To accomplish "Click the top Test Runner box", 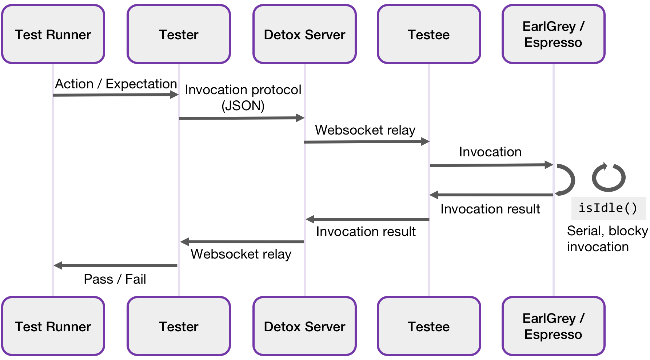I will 53,34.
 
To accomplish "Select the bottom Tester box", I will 179,326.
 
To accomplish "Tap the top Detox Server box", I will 304,34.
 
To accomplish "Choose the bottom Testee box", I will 429,326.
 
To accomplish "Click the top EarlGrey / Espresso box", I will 553,34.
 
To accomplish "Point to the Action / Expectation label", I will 116,84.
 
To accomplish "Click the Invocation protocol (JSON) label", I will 243,97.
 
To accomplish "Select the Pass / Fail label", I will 115,279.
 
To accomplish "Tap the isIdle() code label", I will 608,208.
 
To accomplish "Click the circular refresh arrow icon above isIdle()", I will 608,177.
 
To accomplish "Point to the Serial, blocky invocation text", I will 607,239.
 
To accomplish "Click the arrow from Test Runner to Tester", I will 116,95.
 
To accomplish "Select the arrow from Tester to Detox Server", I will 242,118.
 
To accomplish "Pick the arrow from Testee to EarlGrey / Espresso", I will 491,165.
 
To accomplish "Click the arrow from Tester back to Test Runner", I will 116,265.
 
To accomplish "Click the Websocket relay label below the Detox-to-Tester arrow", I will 241,254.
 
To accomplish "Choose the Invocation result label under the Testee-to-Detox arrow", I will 366,231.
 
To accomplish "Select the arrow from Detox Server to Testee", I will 367,141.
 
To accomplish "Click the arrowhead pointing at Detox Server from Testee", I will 310,219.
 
